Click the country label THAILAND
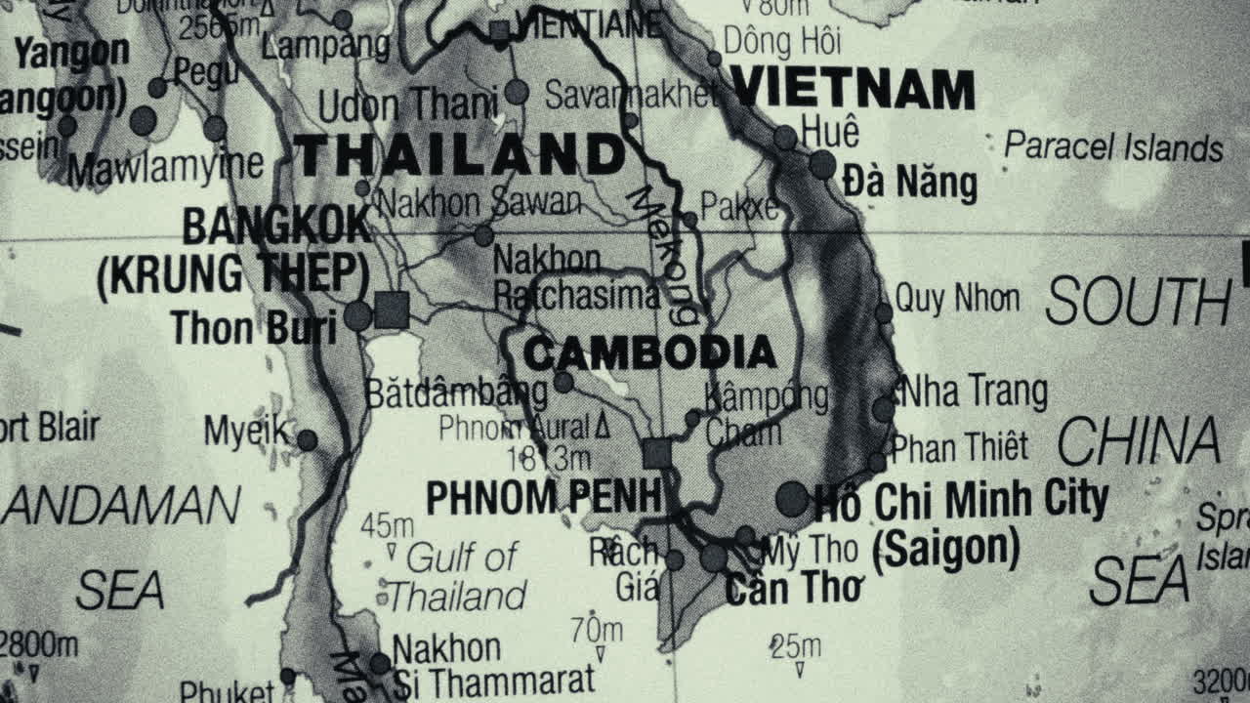point(459,155)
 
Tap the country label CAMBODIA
point(649,353)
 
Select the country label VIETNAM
point(853,89)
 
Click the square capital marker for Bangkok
point(392,310)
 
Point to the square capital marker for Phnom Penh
point(657,453)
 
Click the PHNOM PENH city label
point(544,498)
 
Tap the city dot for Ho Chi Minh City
point(792,499)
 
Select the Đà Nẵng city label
point(909,183)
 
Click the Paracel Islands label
point(1113,147)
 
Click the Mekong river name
point(664,254)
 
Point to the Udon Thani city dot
point(517,93)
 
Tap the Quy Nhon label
point(957,299)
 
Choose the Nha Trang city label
point(974,393)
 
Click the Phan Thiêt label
point(960,447)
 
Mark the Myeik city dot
point(307,440)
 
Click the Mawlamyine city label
point(165,167)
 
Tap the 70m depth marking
point(597,631)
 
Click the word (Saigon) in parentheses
point(945,550)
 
